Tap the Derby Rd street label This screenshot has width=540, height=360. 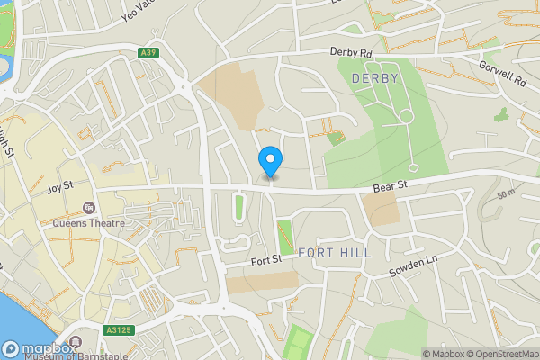tap(351, 53)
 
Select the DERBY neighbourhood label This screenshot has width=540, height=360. tap(375, 79)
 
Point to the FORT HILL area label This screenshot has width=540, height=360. tap(334, 253)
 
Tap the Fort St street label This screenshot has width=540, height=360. tap(266, 260)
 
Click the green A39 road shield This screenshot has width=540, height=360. tap(149, 54)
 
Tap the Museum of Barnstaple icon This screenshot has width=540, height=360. tap(76, 341)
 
